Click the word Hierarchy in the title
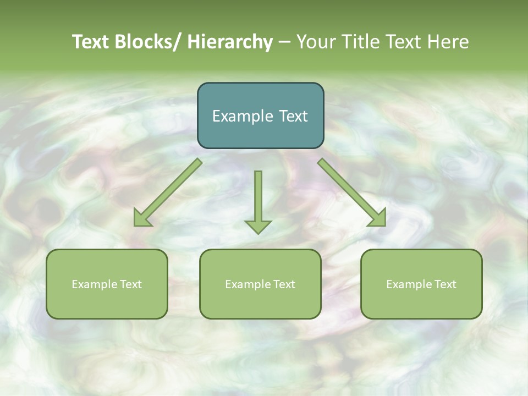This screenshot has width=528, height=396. pos(230,42)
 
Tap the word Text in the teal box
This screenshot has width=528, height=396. pos(293,116)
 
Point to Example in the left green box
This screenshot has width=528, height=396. pos(95,284)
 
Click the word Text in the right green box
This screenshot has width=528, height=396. pos(445,284)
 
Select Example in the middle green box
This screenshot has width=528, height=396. pos(248,284)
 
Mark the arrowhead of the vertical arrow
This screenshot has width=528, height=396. pos(258,226)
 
